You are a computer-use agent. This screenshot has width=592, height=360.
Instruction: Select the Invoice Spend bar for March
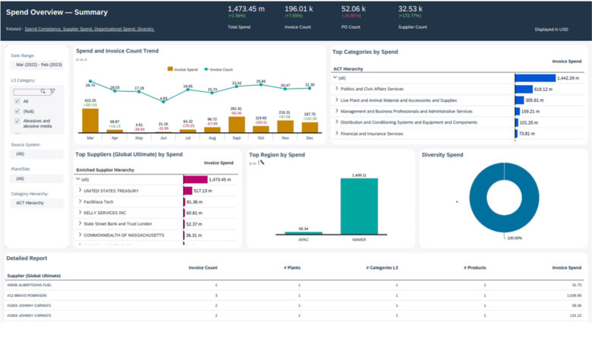pos(90,121)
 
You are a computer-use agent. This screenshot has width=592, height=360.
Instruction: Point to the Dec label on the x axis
pos(309,138)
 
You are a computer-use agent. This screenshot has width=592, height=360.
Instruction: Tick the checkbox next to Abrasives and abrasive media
pos(17,122)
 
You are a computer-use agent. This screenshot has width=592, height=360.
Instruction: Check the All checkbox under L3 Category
pos(17,100)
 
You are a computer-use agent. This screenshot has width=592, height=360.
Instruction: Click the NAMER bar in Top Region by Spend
pos(359,206)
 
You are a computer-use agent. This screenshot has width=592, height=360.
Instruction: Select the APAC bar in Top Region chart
pos(302,233)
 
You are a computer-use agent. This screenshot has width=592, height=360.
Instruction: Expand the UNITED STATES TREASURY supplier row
pos(80,191)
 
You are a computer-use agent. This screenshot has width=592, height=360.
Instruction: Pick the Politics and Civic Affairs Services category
pos(372,89)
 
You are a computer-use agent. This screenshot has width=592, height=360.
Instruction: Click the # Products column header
pos(474,267)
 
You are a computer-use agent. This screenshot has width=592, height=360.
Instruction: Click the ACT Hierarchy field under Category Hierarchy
pos(31,203)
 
